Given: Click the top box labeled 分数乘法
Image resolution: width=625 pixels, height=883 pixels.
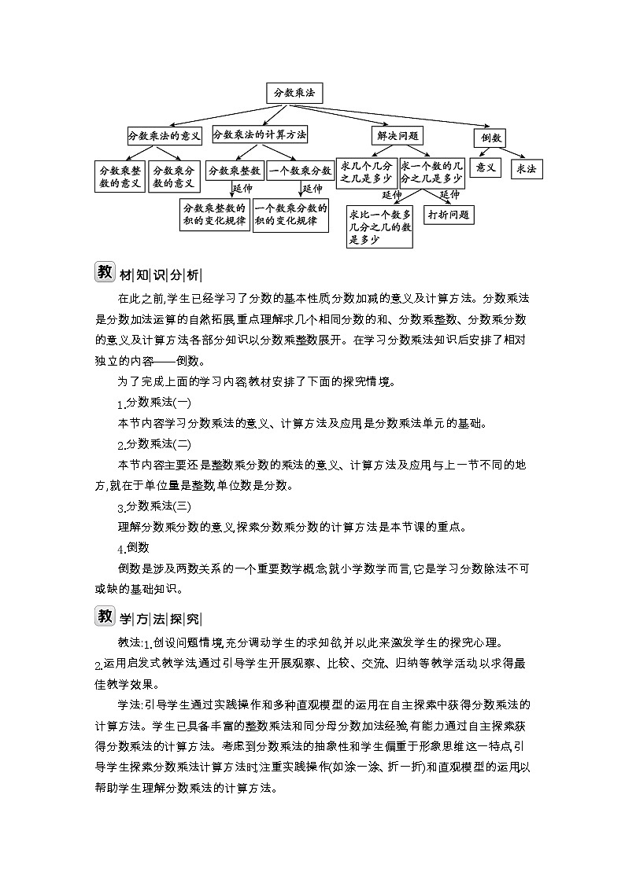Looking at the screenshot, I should click(x=294, y=93).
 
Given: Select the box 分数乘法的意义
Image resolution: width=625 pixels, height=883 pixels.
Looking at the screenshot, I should click(x=165, y=135).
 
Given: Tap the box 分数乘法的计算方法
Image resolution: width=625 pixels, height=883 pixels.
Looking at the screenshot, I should click(x=260, y=134).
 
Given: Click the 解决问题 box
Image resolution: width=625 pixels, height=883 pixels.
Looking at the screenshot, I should click(x=398, y=135).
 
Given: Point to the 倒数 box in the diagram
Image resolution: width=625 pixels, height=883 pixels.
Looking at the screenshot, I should click(x=490, y=138).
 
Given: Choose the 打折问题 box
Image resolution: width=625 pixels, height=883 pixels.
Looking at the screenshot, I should click(x=449, y=214).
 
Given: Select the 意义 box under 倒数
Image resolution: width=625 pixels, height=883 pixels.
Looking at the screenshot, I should click(x=486, y=168).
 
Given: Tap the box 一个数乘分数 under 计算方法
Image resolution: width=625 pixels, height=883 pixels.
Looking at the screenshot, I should click(x=300, y=170).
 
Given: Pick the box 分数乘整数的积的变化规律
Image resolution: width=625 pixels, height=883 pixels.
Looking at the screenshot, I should click(x=214, y=215).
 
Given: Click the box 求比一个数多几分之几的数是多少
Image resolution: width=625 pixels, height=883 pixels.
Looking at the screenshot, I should click(x=380, y=226).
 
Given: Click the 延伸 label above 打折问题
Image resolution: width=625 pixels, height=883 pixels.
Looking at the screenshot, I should click(x=449, y=194).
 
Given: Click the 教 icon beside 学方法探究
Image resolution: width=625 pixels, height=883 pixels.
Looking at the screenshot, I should click(x=105, y=616).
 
